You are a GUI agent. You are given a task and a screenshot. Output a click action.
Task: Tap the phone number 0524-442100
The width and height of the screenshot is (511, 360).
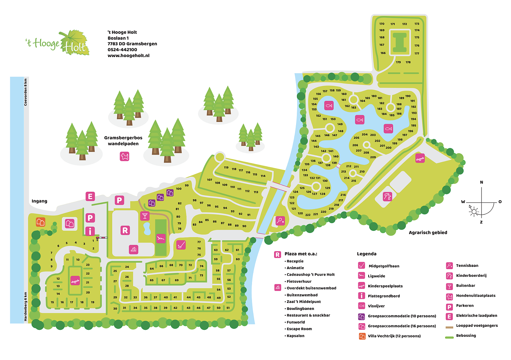[122, 50]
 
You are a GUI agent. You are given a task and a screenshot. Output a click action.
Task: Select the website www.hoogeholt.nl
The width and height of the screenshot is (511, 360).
[128, 56]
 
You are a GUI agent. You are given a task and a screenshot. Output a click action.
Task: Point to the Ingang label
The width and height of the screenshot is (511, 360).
[39, 201]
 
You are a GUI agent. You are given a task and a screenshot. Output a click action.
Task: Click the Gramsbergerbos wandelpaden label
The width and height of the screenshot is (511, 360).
[123, 141]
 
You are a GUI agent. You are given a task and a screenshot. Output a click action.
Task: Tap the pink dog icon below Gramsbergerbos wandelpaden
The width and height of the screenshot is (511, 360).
[124, 156]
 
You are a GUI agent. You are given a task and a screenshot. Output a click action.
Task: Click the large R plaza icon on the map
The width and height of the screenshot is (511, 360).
[125, 230]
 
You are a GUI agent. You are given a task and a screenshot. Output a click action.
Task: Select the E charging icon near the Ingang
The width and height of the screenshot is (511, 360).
[90, 197]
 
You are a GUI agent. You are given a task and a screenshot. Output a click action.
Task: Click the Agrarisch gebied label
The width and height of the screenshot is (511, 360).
[428, 233]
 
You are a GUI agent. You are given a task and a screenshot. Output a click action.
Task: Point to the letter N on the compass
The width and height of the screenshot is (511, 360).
[481, 182]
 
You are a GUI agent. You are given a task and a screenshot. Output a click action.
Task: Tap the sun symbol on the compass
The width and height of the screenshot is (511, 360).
[474, 211]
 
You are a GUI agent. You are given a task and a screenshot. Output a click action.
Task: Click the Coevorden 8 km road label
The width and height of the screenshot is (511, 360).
[26, 92]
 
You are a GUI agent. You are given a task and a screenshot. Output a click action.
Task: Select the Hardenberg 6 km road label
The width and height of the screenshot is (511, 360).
[26, 307]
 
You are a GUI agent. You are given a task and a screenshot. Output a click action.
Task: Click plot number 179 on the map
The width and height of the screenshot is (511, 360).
[398, 62]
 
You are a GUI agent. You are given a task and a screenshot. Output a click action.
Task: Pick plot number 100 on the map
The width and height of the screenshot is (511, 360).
[179, 189]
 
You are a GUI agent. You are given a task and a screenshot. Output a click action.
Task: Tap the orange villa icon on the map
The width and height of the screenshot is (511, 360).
[40, 222]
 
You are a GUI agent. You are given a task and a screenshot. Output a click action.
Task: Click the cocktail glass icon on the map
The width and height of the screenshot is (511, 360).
[145, 216]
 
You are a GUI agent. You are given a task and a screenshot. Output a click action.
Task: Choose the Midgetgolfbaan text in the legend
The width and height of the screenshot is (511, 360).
[384, 266]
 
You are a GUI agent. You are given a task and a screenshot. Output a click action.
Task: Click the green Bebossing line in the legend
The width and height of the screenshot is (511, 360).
[449, 337]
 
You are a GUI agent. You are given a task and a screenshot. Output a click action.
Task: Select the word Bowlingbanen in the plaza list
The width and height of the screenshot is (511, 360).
[300, 308]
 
